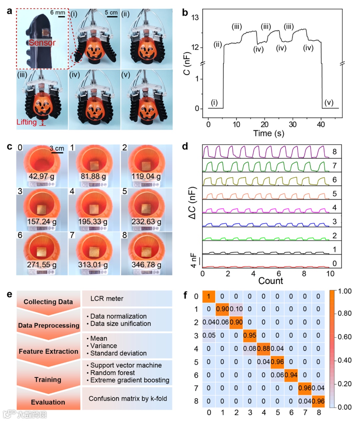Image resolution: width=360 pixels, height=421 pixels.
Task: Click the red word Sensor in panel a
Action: (x=42, y=43)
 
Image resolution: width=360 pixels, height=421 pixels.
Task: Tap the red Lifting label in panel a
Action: (x=27, y=122)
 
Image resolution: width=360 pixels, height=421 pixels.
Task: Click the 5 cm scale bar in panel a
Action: (x=111, y=13)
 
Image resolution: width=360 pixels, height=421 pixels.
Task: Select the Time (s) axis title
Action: (x=269, y=134)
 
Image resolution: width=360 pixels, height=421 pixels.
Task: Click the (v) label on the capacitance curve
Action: (x=329, y=102)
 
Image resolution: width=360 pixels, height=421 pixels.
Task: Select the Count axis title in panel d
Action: (x=271, y=281)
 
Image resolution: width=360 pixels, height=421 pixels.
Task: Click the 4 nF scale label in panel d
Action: (x=194, y=260)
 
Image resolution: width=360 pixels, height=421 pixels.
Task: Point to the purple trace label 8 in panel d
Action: (x=334, y=152)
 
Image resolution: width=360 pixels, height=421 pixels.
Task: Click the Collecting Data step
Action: (x=48, y=302)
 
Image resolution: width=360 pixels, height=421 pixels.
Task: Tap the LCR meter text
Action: (x=107, y=299)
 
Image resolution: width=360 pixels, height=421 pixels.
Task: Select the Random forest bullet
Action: (x=112, y=373)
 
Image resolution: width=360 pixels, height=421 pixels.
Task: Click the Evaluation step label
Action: (x=48, y=402)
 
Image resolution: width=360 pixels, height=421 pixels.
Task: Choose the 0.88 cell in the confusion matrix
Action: (x=264, y=348)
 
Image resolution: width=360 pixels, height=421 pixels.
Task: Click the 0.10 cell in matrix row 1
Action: (x=236, y=309)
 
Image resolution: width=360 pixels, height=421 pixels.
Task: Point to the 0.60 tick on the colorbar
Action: (x=345, y=337)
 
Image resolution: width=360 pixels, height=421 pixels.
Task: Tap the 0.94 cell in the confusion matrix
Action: (x=291, y=375)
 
